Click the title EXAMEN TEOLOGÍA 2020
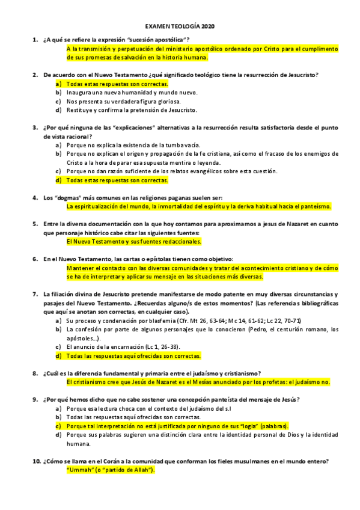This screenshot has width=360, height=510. click(x=180, y=27)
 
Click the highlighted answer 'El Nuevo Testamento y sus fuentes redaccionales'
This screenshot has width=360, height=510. click(x=133, y=242)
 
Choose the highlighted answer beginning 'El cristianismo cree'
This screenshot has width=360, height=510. click(x=198, y=382)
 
